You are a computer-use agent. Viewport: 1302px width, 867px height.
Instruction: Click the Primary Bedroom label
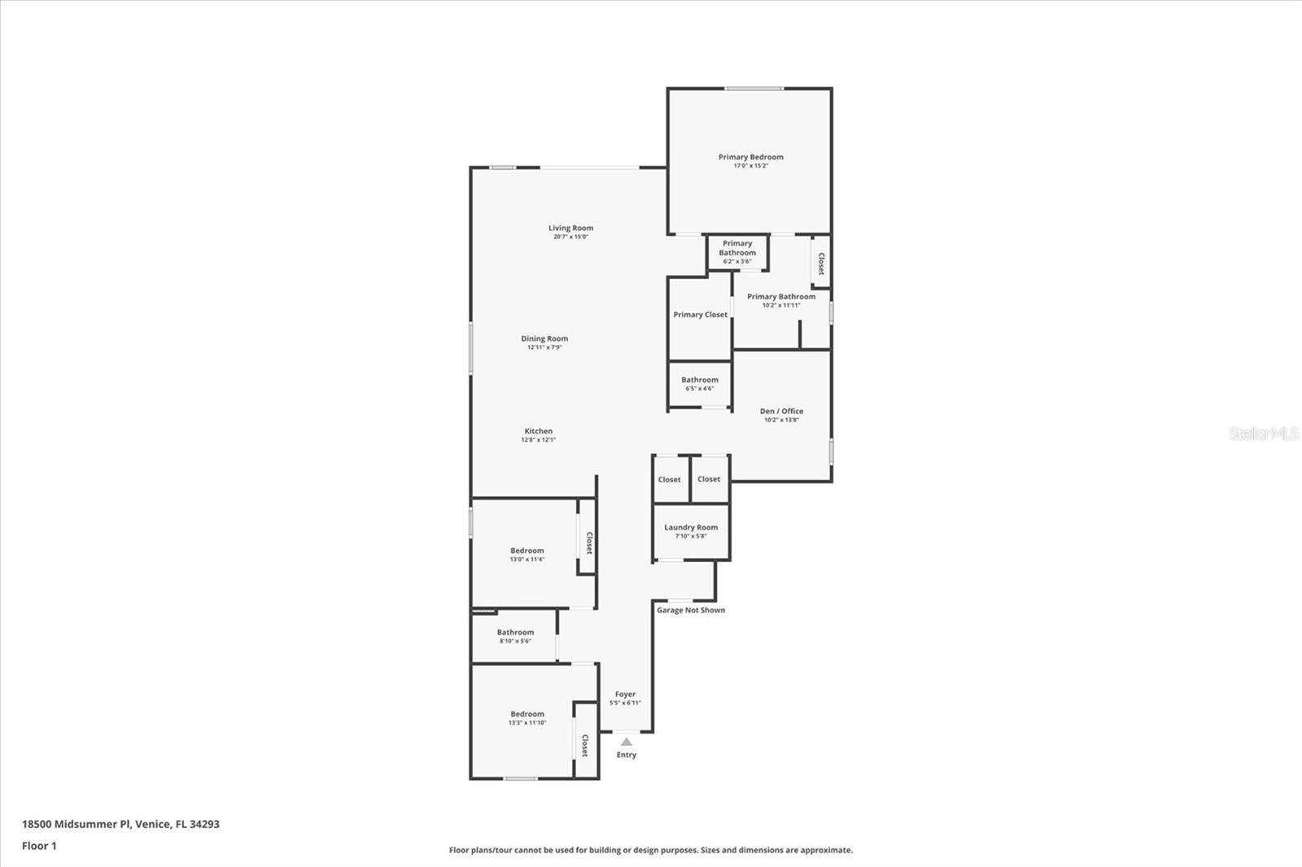[x=750, y=157]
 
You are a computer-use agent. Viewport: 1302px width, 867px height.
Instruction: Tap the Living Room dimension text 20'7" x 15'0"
[x=570, y=237]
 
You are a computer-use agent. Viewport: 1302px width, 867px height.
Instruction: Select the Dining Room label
[x=544, y=338]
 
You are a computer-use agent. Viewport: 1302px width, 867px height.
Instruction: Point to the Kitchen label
[x=538, y=431]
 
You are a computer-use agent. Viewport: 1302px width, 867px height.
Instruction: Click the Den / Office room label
[x=781, y=411]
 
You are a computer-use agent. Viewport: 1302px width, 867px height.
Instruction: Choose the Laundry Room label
[x=691, y=527]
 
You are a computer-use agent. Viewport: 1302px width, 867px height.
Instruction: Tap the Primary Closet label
[x=700, y=315]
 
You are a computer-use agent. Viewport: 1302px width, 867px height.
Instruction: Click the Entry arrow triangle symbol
[x=626, y=742]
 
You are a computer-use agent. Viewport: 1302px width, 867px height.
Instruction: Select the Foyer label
[x=625, y=695]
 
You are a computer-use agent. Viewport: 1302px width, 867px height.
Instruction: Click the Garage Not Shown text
[x=691, y=610]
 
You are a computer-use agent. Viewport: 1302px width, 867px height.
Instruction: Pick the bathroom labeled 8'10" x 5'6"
[x=515, y=636]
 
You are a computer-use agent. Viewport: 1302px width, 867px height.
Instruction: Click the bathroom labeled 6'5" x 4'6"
[x=699, y=383]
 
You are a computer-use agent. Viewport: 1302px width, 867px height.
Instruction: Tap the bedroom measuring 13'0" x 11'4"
[x=526, y=554]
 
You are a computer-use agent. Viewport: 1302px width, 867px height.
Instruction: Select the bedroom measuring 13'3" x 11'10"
[x=526, y=717]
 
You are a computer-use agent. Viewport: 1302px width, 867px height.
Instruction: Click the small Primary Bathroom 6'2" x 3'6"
[x=737, y=251]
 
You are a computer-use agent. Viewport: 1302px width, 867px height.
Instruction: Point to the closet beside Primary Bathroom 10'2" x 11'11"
[x=821, y=263]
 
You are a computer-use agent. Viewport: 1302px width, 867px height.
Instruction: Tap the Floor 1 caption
[x=39, y=846]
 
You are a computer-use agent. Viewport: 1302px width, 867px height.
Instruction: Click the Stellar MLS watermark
[x=1263, y=433]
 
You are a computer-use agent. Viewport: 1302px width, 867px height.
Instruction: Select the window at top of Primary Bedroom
[x=754, y=89]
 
